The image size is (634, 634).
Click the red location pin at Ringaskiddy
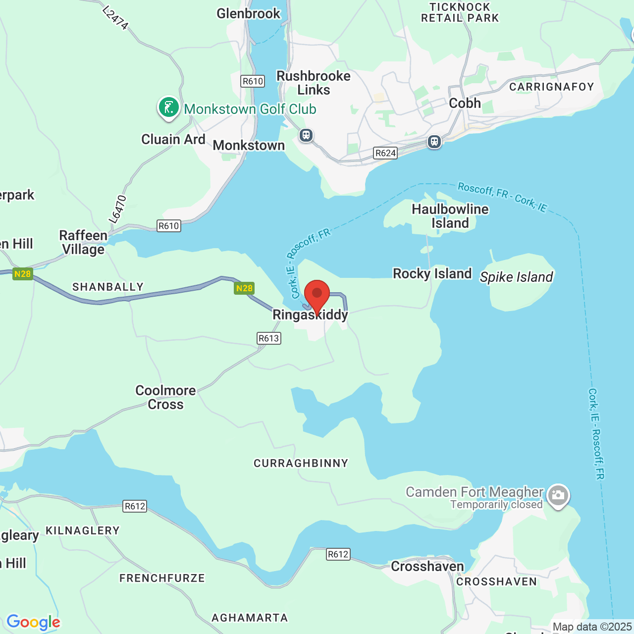(x=317, y=296)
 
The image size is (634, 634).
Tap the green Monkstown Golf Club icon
(x=168, y=107)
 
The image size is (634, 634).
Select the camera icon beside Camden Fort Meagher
(x=558, y=495)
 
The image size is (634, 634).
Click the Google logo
(x=33, y=622)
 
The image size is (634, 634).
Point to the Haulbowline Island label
(x=450, y=216)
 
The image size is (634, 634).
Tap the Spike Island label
(x=516, y=277)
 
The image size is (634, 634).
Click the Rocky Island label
(x=432, y=274)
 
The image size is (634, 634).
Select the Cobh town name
(x=465, y=103)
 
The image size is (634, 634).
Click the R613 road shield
(x=269, y=338)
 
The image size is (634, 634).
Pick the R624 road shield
(x=385, y=153)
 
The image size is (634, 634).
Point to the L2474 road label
(x=116, y=18)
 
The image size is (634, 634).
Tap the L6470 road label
(x=118, y=209)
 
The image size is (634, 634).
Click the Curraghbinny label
(x=301, y=464)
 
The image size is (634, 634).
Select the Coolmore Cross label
(x=165, y=397)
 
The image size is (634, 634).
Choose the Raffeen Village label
(x=83, y=242)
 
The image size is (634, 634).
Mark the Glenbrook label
(x=249, y=13)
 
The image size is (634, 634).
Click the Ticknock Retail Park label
(x=460, y=13)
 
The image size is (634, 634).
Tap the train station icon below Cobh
(x=434, y=142)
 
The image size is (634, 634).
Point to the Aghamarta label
(x=250, y=618)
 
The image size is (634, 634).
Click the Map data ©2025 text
(x=592, y=627)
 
